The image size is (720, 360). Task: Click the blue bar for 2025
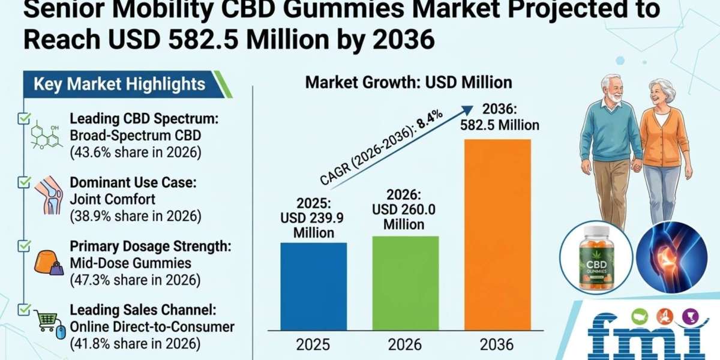pyautogui.click(x=314, y=286)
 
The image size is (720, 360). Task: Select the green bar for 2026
pyautogui.click(x=406, y=283)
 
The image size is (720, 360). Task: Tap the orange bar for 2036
pyautogui.click(x=498, y=235)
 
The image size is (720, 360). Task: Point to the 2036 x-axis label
pyautogui.click(x=497, y=345)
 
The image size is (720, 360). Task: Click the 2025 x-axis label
pyautogui.click(x=313, y=345)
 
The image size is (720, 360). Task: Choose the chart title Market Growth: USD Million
pyautogui.click(x=409, y=83)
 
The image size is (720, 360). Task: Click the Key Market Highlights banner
pyautogui.click(x=128, y=84)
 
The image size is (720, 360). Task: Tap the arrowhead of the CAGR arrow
pyautogui.click(x=467, y=110)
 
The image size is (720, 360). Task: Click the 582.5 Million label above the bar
pyautogui.click(x=500, y=125)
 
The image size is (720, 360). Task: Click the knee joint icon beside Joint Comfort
pyautogui.click(x=49, y=196)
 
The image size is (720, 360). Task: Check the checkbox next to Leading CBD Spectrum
pyautogui.click(x=24, y=119)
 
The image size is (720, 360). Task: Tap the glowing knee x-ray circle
pyautogui.click(x=672, y=257)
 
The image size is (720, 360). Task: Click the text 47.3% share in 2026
pyautogui.click(x=136, y=280)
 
